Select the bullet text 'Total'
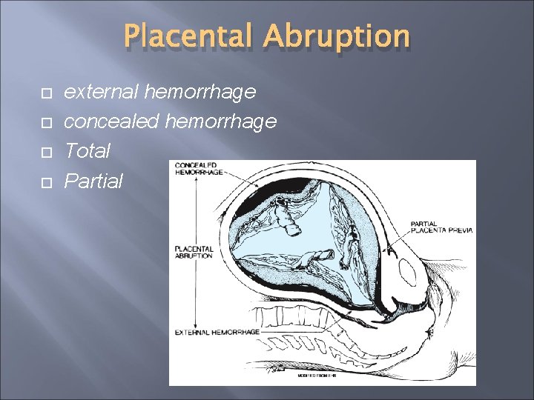pyautogui.click(x=87, y=151)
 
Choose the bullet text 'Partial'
pyautogui.click(x=93, y=181)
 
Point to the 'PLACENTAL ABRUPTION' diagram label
pyautogui.click(x=194, y=252)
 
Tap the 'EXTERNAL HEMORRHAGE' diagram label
pyautogui.click(x=217, y=332)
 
